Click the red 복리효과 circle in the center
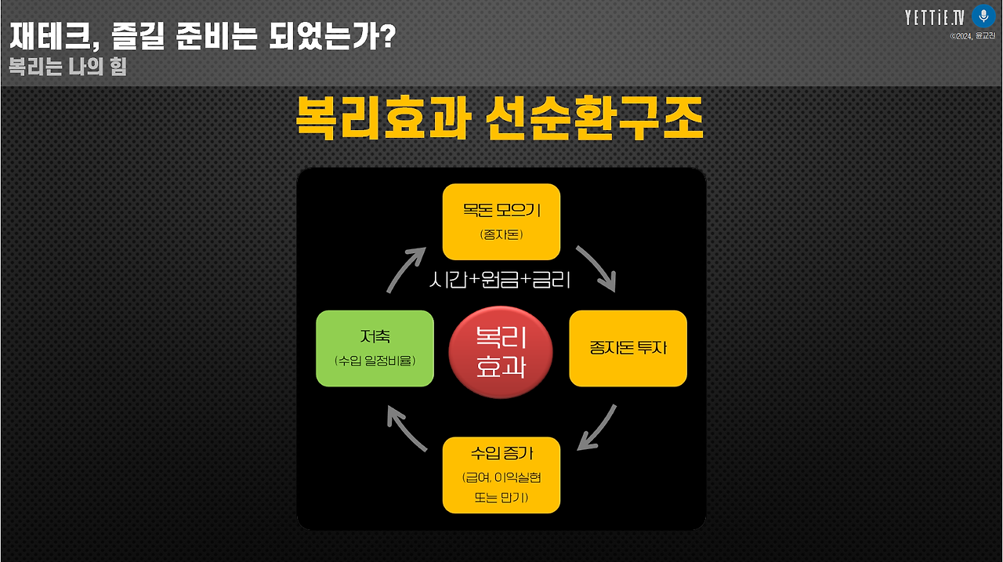click(x=501, y=353)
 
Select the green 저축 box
click(x=375, y=349)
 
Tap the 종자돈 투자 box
click(x=628, y=349)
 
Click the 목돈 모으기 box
click(x=501, y=222)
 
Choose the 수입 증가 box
click(x=501, y=475)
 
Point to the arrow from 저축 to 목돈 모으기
click(x=406, y=268)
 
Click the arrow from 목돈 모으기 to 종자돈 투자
click(x=597, y=267)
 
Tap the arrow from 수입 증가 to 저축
click(x=406, y=430)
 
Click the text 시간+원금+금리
click(x=500, y=280)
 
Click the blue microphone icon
click(x=983, y=16)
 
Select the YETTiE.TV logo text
click(x=935, y=17)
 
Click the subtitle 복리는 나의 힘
click(x=67, y=67)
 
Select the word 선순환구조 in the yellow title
click(x=596, y=119)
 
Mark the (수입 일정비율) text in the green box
click(x=375, y=361)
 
